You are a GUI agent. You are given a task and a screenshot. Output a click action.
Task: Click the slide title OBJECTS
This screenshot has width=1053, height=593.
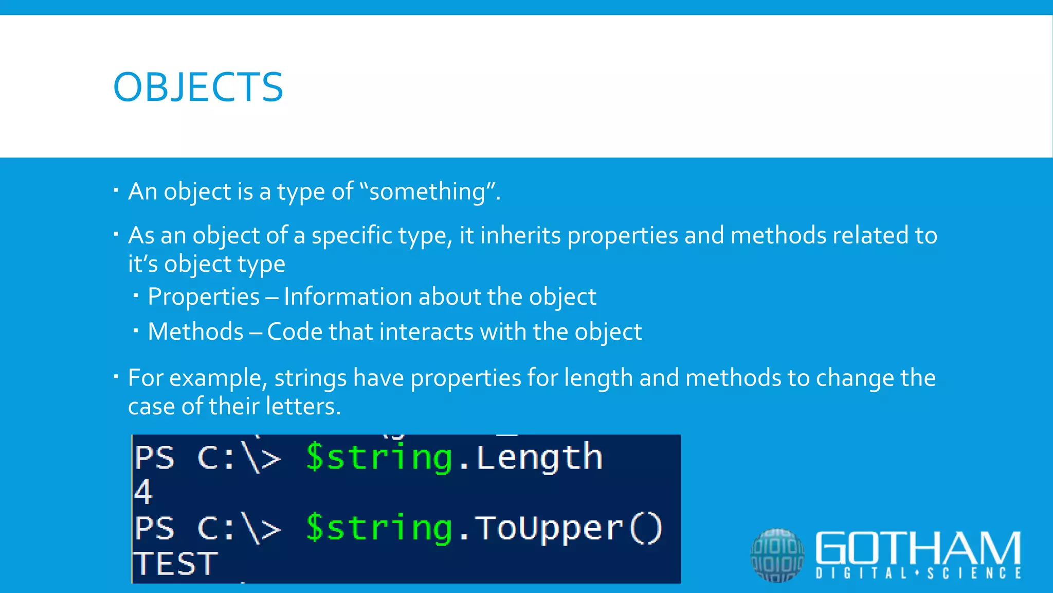click(x=198, y=87)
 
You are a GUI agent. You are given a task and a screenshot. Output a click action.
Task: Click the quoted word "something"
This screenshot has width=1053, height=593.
click(x=427, y=191)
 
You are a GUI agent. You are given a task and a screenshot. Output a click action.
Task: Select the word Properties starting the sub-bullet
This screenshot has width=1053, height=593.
click(x=204, y=297)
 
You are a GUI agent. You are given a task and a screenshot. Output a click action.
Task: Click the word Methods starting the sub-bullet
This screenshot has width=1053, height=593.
click(x=195, y=332)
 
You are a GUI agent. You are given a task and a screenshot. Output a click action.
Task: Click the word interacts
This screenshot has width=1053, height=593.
click(x=426, y=332)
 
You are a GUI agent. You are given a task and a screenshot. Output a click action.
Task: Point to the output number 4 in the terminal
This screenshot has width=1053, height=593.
click(x=143, y=492)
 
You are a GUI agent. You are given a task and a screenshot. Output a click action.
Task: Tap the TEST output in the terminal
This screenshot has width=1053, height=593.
click(x=175, y=564)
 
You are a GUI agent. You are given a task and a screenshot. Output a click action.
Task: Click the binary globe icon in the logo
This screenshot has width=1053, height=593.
click(x=777, y=555)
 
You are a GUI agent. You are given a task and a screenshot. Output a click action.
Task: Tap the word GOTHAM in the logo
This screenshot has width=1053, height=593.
click(x=918, y=548)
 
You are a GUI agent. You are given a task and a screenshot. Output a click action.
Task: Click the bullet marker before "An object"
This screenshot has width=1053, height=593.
click(x=116, y=191)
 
